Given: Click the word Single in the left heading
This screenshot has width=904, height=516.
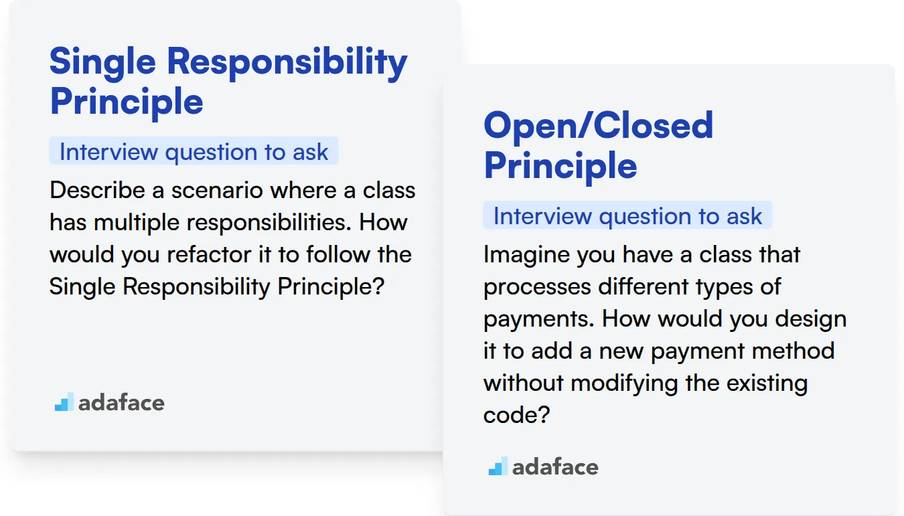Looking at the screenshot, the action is [x=102, y=63].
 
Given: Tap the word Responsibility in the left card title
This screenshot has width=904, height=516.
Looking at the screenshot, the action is [x=287, y=63].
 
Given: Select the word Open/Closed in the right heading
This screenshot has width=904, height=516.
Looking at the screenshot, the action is [x=599, y=126].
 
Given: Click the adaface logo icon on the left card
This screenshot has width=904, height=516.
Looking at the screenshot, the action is [x=64, y=402].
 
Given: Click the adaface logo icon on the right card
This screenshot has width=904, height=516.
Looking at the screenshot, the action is [x=498, y=466].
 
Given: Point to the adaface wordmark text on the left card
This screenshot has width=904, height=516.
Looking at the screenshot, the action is [x=121, y=403].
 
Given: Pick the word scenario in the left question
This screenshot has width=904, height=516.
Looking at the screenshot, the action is [x=217, y=190].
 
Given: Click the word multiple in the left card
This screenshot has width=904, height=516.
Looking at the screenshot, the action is [x=137, y=223].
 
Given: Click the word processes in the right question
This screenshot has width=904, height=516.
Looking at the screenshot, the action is [x=537, y=288].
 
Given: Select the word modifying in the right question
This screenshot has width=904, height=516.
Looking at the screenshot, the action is [x=624, y=383].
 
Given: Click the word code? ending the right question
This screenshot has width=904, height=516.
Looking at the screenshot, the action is [x=516, y=415].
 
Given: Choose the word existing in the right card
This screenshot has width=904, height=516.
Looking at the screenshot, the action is [x=767, y=383].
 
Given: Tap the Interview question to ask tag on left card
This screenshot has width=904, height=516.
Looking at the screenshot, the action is [x=194, y=151].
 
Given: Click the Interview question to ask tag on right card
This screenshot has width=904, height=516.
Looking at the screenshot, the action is [x=627, y=216].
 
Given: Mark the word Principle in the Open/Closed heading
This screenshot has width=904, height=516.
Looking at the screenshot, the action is [x=560, y=166].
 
